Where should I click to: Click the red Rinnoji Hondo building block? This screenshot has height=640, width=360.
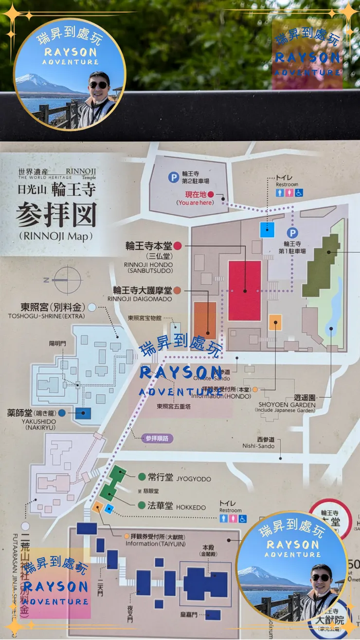click(x=245, y=290)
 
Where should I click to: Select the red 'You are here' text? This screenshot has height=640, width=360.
click(x=195, y=202)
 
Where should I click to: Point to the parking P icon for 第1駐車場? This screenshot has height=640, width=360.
click(x=292, y=233)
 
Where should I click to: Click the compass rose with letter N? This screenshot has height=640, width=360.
click(x=67, y=280)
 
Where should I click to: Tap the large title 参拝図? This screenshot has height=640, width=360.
click(x=56, y=214)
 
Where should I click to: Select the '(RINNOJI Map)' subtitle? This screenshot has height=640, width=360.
click(x=56, y=236)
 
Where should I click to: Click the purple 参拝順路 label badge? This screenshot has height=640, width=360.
click(x=158, y=438)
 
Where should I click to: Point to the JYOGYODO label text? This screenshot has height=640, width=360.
click(x=194, y=479)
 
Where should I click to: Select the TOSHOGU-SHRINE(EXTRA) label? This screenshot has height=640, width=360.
click(x=46, y=316)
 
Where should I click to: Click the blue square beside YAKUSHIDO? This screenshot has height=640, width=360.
click(x=83, y=414)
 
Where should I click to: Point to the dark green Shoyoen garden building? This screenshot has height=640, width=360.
click(x=321, y=265)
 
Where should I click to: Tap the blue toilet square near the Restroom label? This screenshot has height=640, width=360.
click(x=267, y=229)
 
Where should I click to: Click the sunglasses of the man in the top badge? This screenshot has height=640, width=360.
click(x=99, y=85)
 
